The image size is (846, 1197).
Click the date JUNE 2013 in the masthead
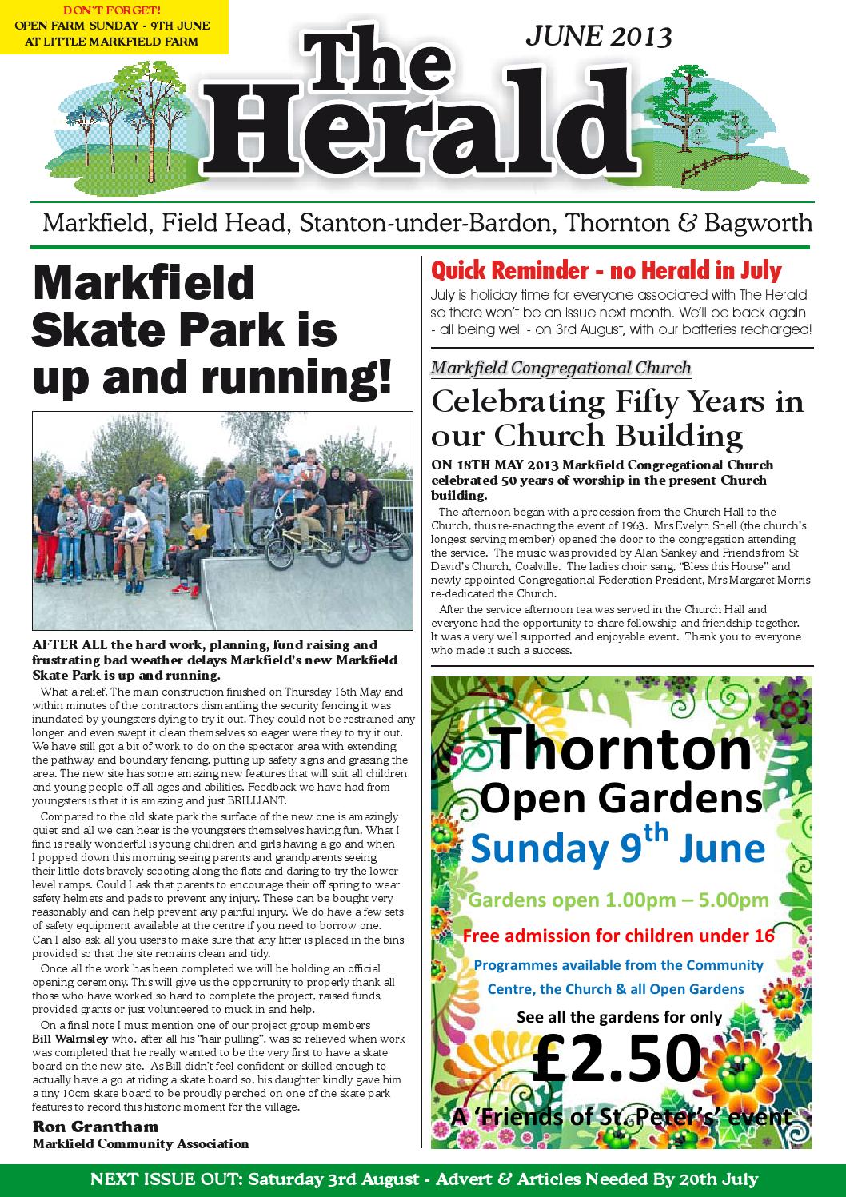[597, 36]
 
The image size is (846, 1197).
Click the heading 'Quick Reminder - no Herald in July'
[606, 271]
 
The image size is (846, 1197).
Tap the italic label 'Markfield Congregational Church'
[561, 368]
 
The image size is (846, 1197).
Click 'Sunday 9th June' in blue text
[617, 846]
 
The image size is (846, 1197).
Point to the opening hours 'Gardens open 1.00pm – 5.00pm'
[618, 900]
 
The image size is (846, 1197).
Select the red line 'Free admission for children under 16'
[618, 936]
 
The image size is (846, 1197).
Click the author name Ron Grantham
[95, 1127]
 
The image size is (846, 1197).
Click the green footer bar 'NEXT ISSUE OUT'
[423, 1179]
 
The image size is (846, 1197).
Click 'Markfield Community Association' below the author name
[141, 1143]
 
